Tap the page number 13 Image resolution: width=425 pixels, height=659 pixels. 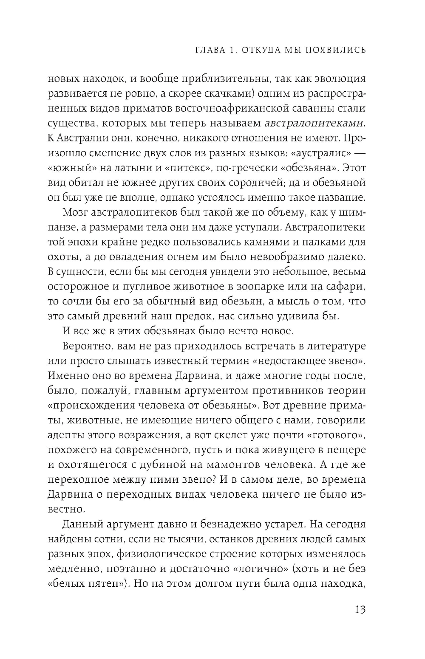coord(360,610)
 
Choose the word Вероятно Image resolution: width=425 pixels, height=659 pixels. coord(86,346)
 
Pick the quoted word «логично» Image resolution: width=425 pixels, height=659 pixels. coord(260,569)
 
